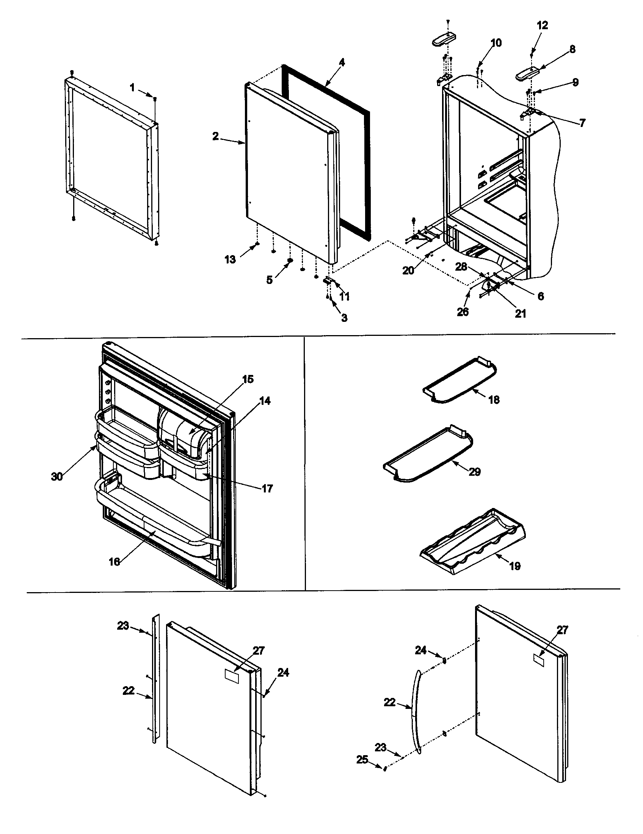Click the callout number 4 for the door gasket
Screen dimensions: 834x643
pyautogui.click(x=342, y=62)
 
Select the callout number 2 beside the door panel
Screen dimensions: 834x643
pyautogui.click(x=216, y=136)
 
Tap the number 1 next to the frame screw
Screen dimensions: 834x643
pyautogui.click(x=132, y=88)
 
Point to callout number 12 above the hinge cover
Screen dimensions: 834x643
pyautogui.click(x=542, y=25)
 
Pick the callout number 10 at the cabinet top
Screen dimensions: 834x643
pyautogui.click(x=496, y=43)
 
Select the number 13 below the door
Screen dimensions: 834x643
pyautogui.click(x=230, y=259)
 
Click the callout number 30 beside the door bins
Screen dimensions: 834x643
pyautogui.click(x=57, y=477)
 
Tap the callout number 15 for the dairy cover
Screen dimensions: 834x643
pyautogui.click(x=248, y=379)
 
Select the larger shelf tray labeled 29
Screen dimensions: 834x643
pyautogui.click(x=428, y=451)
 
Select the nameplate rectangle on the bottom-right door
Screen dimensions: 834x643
pyautogui.click(x=538, y=660)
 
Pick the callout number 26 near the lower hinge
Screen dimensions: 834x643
pyautogui.click(x=463, y=312)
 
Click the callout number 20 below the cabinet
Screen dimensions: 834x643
pyautogui.click(x=408, y=270)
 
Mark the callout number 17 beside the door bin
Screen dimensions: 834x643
pyautogui.click(x=267, y=488)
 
